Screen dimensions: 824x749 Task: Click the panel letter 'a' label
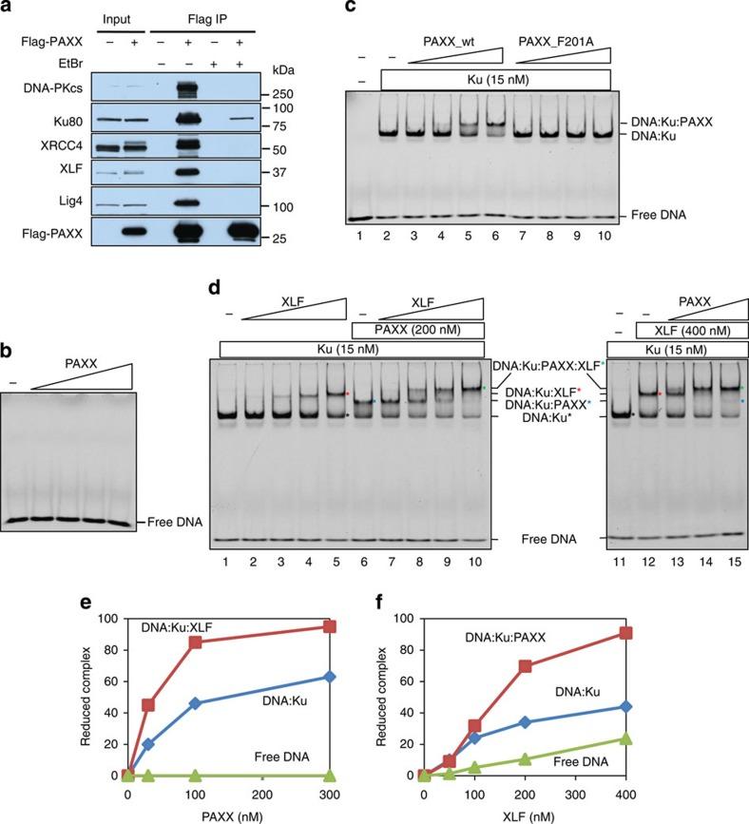(8, 9)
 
